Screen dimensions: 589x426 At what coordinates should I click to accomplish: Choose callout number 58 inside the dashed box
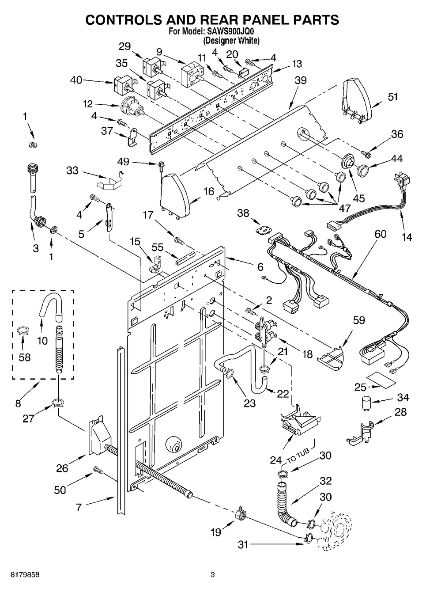pyautogui.click(x=24, y=357)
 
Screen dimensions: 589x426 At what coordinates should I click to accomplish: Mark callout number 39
pyautogui.click(x=301, y=80)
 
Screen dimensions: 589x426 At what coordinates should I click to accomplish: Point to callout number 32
pyautogui.click(x=325, y=481)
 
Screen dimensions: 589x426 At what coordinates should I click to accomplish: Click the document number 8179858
pyautogui.click(x=21, y=575)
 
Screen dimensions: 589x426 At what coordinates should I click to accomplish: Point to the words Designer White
pyautogui.click(x=231, y=41)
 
